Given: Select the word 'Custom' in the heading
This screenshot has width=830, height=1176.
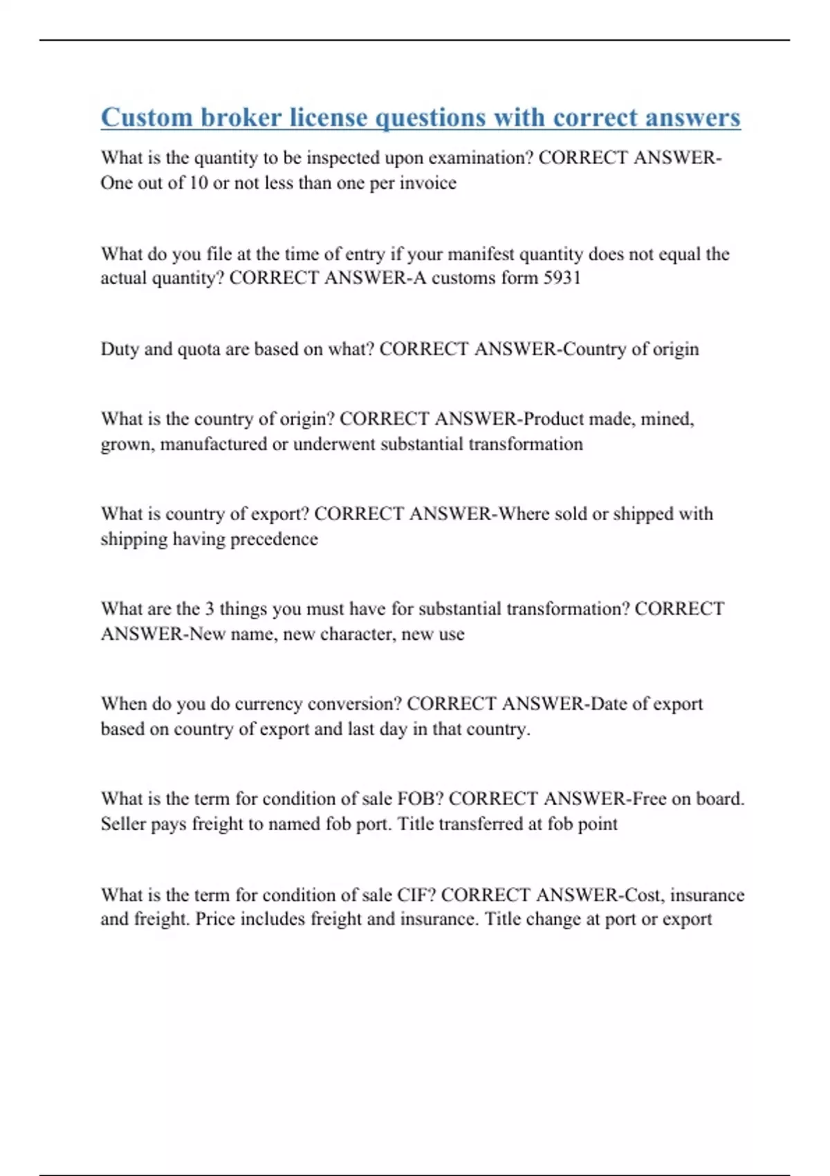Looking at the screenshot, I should [147, 118].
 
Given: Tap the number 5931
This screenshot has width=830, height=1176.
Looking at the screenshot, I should [562, 278].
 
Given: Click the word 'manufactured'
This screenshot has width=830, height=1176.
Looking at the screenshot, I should [213, 444].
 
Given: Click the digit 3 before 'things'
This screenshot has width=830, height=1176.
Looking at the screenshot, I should [209, 609].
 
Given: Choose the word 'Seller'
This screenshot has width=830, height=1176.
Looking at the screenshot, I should [122, 824].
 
